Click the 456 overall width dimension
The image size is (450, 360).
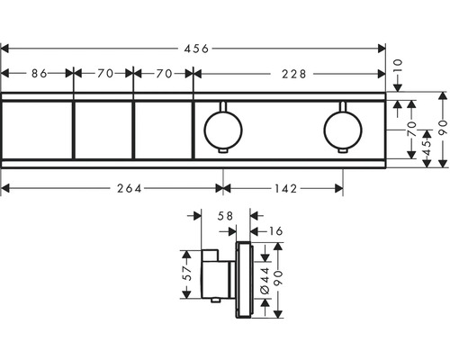[x=195, y=48]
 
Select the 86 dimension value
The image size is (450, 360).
[x=38, y=75]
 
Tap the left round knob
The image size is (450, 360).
[x=221, y=129]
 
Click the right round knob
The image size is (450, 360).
[x=343, y=129]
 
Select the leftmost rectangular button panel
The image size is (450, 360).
[x=38, y=129]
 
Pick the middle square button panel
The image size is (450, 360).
[x=102, y=129]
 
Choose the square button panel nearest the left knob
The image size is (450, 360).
[x=162, y=129]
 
